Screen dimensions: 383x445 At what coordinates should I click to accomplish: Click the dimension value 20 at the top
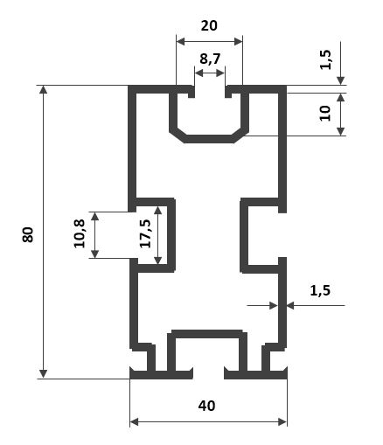[x=209, y=25]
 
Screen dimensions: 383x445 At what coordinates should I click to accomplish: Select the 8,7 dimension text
[x=210, y=59]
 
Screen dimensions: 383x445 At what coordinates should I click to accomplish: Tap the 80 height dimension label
[x=28, y=235]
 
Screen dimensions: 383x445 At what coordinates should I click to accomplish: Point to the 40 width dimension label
[x=207, y=406]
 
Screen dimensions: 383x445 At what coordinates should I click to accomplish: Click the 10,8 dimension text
[x=80, y=233]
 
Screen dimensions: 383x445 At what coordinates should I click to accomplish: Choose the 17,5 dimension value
[x=145, y=233]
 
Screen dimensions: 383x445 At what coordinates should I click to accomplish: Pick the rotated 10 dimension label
[x=325, y=114]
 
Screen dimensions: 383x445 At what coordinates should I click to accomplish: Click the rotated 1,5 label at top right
[x=325, y=59]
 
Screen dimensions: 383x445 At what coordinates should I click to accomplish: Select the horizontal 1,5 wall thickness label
[x=320, y=290]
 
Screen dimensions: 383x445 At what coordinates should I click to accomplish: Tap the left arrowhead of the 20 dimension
[x=181, y=42]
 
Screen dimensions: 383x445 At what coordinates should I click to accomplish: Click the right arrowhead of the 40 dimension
[x=282, y=421]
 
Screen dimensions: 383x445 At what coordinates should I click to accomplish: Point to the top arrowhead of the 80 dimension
[x=43, y=90]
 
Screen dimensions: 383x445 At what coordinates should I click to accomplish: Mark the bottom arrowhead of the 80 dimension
[x=43, y=374]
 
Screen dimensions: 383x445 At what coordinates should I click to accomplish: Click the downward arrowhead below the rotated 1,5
[x=341, y=80]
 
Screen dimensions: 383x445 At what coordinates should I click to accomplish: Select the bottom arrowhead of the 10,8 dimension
[x=95, y=254]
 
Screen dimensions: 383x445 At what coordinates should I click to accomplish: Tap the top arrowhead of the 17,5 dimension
[x=157, y=211]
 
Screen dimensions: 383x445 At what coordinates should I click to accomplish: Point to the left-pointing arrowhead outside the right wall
[x=290, y=306]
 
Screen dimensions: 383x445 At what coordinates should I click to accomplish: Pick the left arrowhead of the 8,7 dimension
[x=199, y=73]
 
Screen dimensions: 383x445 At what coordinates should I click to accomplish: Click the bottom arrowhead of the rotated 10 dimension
[x=341, y=131]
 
